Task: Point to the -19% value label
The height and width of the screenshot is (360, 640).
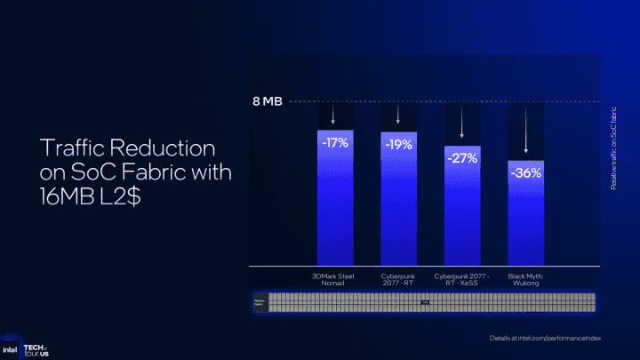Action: [397, 143]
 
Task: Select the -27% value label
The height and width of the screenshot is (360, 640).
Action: [461, 158]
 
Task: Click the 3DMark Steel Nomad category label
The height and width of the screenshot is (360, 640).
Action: [334, 279]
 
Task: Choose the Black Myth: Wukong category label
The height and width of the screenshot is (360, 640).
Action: [525, 279]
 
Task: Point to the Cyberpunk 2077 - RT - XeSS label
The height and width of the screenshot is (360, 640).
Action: [461, 279]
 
